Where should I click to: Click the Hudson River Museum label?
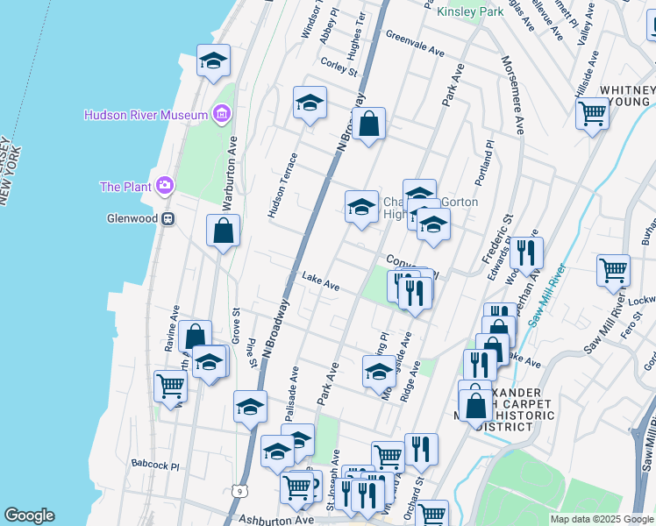coord(146,115)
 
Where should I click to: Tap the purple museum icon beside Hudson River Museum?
coord(222,115)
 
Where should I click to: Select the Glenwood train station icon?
coord(167,218)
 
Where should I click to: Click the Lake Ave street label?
coord(321,282)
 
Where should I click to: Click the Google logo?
coord(29,515)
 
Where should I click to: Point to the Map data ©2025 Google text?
coord(601,519)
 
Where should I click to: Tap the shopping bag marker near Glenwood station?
coord(224,231)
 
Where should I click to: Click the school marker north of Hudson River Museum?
coord(213,61)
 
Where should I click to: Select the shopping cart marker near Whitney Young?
coord(593,113)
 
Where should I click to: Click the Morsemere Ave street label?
coord(512,96)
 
